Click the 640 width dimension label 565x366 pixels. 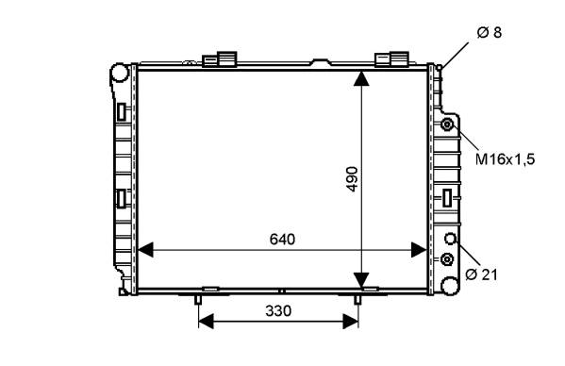click(282, 240)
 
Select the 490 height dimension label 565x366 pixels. click(351, 179)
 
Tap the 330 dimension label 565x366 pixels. click(278, 310)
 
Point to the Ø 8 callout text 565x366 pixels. click(489, 32)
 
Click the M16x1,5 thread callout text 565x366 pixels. click(506, 158)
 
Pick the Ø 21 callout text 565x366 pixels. click(481, 274)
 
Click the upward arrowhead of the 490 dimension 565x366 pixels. click(361, 78)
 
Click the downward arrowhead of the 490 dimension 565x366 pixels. click(361, 280)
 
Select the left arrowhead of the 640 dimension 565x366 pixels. click(145, 250)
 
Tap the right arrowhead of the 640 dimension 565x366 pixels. click(419, 250)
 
